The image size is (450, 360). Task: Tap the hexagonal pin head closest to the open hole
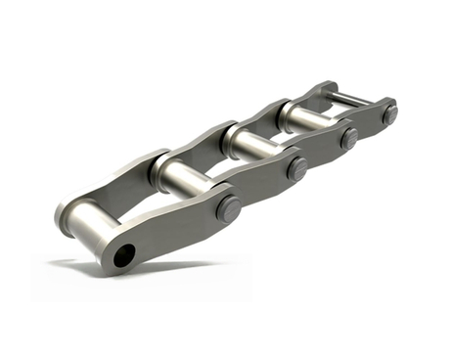228,208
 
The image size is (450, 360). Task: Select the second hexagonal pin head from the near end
295,168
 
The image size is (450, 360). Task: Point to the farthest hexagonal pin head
389,113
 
